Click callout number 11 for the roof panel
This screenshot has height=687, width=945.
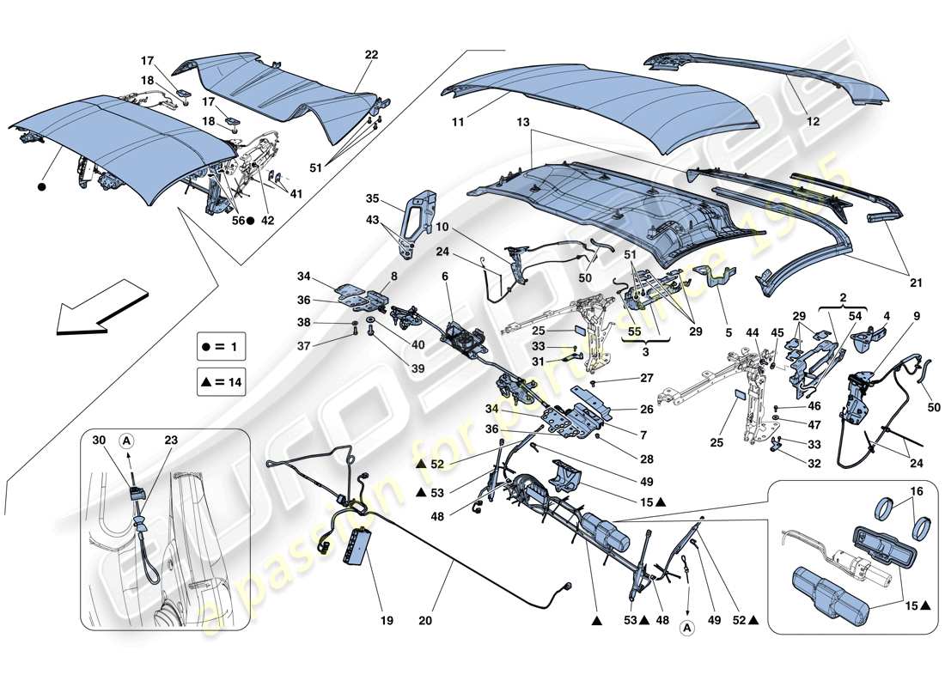point(458,123)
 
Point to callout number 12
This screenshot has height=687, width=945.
point(813,123)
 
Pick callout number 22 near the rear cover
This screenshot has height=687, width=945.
point(370,54)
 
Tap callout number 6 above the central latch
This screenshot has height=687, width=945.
point(445,277)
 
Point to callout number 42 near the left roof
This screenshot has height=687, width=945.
point(269,220)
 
